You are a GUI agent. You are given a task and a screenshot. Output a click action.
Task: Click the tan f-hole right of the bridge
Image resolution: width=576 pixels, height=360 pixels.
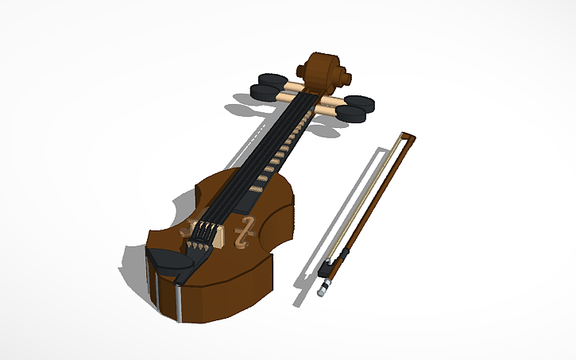(246, 230)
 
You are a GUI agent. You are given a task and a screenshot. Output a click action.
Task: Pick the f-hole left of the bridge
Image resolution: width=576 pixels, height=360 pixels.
(186, 231)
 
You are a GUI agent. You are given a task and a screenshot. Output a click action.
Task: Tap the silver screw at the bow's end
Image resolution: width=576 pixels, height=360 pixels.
(323, 291)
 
